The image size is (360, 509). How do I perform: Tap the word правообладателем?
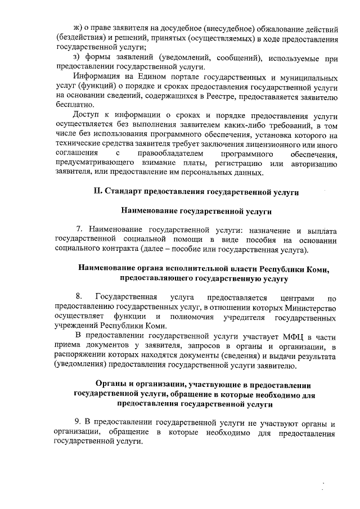tap(167, 154)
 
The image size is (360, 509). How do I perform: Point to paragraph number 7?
tap(79, 231)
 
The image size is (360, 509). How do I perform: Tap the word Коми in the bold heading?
tap(317, 268)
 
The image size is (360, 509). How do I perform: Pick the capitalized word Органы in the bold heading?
tap(111, 384)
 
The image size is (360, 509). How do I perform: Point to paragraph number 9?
tap(79, 423)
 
